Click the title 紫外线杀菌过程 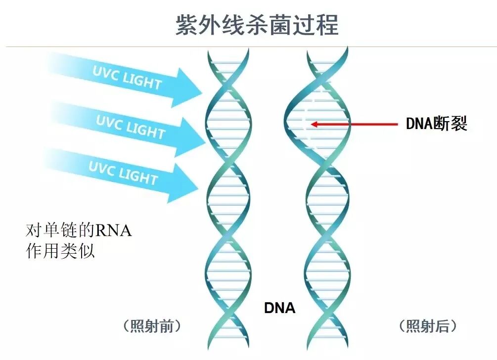[257, 24]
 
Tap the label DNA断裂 [436, 124]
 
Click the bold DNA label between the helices [279, 308]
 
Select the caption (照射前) [151, 326]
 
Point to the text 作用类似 [59, 251]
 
